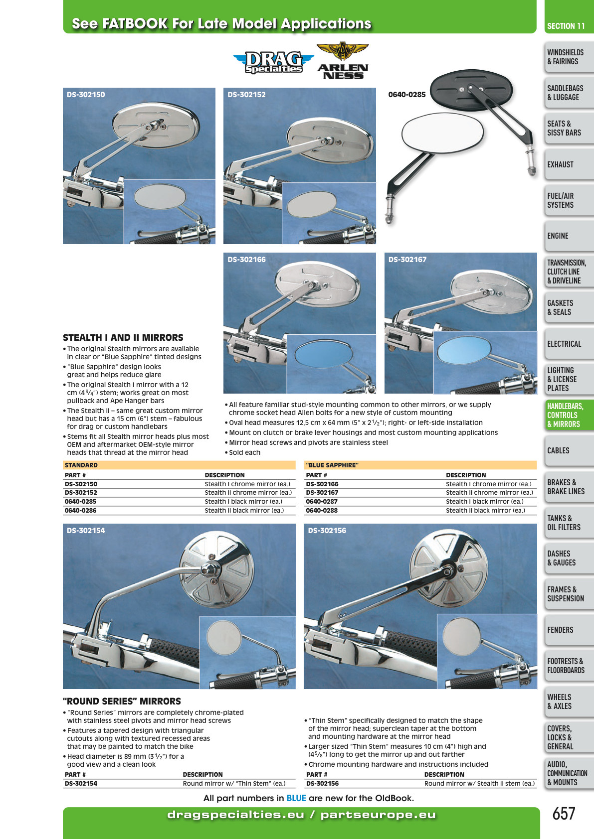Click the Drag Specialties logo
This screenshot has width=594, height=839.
(x=273, y=62)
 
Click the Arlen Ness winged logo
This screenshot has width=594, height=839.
(x=342, y=60)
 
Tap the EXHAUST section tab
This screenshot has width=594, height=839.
(x=569, y=164)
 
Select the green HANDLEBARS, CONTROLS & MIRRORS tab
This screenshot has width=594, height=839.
(x=569, y=415)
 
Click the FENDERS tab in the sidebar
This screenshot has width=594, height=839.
(x=569, y=630)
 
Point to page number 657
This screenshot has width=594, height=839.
(x=564, y=814)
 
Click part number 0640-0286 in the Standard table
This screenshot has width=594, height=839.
(x=80, y=511)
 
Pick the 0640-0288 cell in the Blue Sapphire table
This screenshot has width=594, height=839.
(x=321, y=511)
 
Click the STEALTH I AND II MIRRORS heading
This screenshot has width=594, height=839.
(x=123, y=337)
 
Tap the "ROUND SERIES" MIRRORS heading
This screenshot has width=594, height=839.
(x=122, y=701)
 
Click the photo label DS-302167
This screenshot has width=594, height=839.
(x=407, y=259)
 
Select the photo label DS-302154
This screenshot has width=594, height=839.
(x=86, y=531)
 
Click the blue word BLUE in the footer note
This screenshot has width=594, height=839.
(x=296, y=798)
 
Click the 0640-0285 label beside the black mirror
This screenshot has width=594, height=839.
(x=407, y=95)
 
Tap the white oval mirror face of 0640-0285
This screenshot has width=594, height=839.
(x=442, y=133)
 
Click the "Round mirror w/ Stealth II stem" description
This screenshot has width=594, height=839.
(x=479, y=784)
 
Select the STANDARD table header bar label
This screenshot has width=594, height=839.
(x=81, y=465)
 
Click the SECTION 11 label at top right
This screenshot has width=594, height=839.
(x=566, y=26)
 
